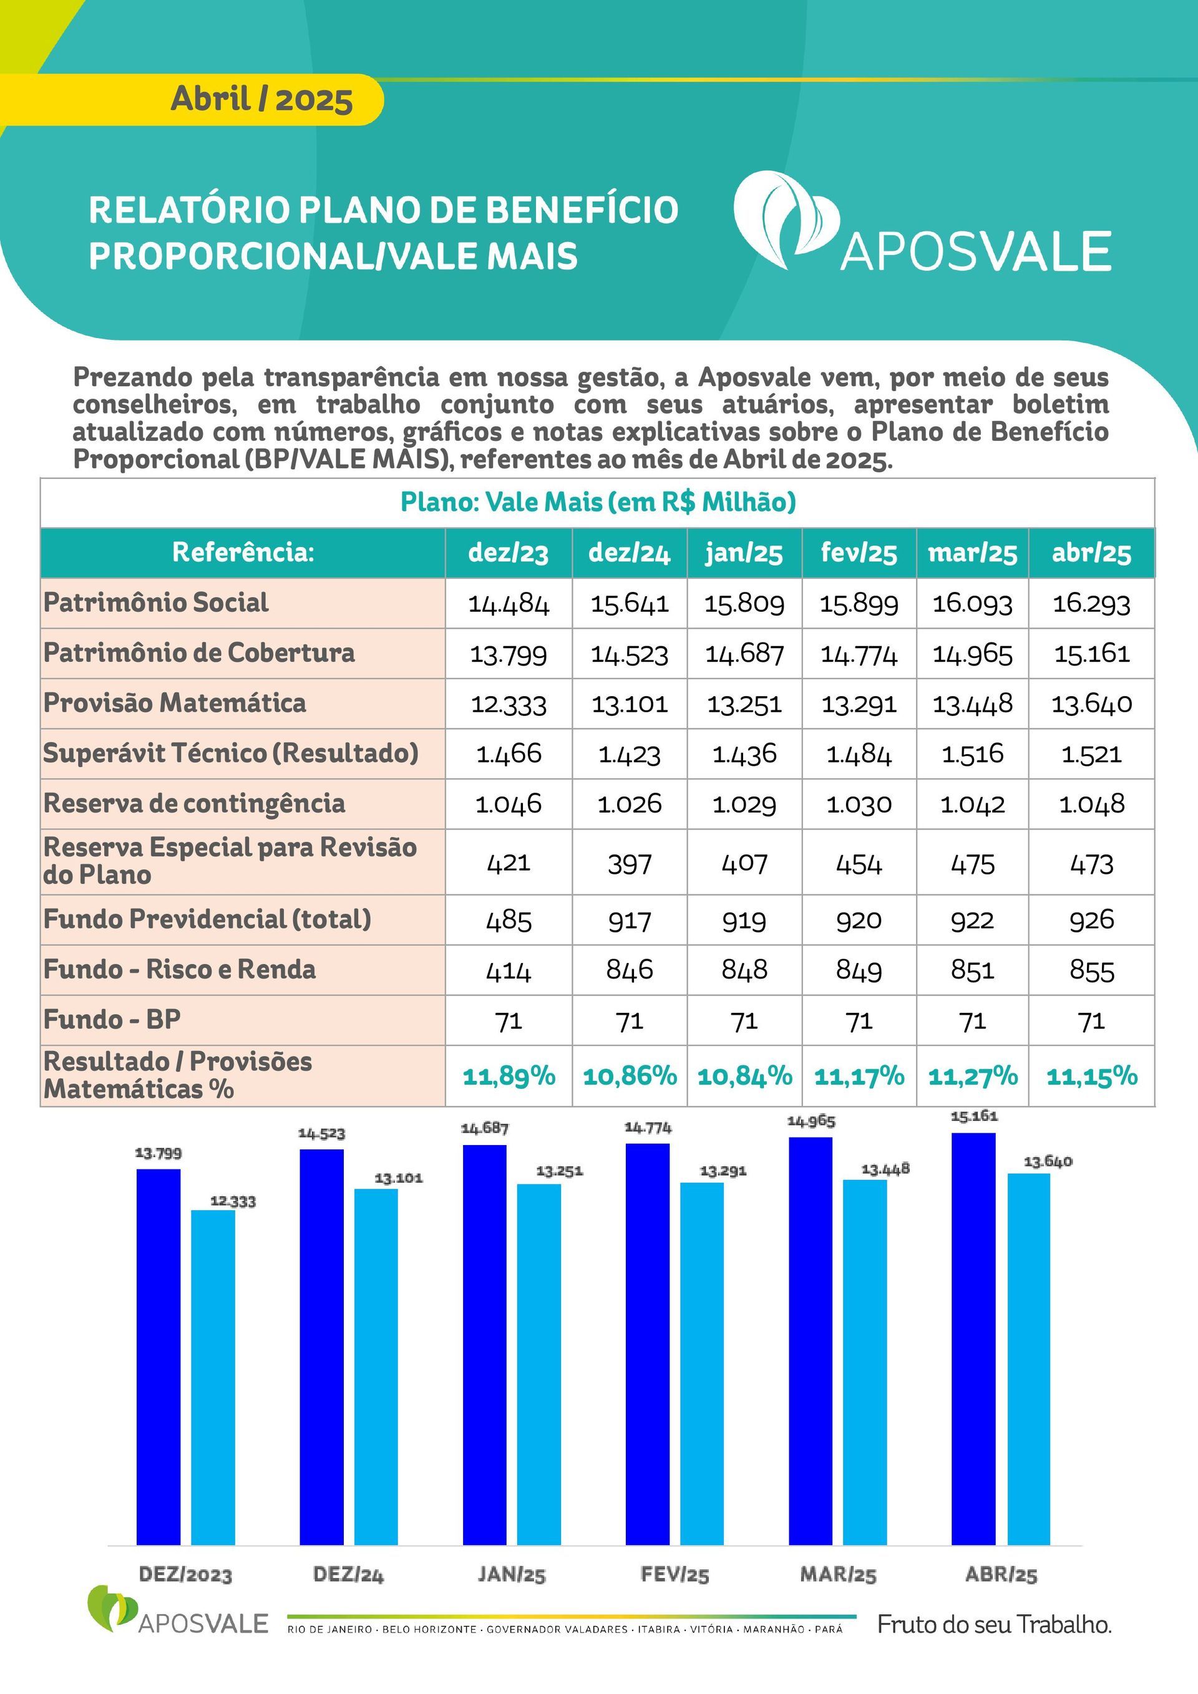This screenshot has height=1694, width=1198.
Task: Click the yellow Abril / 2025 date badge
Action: click(x=192, y=100)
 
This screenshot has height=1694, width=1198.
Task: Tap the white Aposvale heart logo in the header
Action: click(x=787, y=220)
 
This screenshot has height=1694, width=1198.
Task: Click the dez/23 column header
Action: click(x=509, y=553)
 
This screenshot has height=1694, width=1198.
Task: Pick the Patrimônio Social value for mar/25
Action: click(x=972, y=604)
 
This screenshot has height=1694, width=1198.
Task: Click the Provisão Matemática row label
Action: click(x=175, y=702)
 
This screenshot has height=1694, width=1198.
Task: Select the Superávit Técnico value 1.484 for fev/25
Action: click(x=859, y=754)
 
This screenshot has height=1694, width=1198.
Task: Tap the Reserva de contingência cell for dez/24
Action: click(x=630, y=803)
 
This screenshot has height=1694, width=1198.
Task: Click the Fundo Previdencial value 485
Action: click(x=509, y=920)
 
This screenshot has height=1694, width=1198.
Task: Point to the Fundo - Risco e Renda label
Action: click(x=179, y=969)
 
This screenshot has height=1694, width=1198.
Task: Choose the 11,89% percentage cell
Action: click(x=509, y=1076)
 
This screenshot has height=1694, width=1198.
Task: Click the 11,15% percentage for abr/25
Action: click(x=1092, y=1076)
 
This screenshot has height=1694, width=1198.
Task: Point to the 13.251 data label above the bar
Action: click(x=559, y=1171)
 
